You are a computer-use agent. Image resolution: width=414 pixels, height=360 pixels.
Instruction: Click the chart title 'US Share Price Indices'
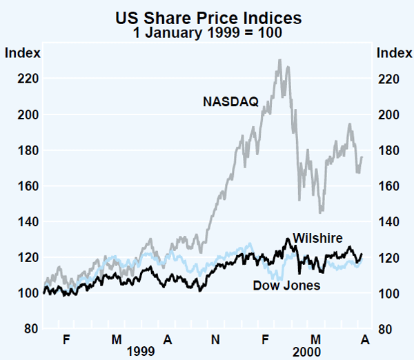point(206,16)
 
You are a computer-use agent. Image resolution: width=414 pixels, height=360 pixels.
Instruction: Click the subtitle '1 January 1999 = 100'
point(206,31)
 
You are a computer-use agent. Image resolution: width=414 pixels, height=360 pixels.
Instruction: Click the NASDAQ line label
point(230,102)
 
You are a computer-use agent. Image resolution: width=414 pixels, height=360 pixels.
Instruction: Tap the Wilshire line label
point(317,238)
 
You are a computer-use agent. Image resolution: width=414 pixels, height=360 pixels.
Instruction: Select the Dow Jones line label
point(286,285)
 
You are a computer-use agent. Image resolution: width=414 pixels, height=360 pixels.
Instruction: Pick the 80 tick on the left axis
point(24,329)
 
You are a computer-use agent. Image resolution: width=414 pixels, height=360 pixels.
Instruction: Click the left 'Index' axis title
point(22,52)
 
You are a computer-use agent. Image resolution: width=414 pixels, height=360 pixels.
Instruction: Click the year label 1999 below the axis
point(142,350)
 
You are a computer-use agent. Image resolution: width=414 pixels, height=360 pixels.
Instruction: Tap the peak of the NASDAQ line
point(279,59)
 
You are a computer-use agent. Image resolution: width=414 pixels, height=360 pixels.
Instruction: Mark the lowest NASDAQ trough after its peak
point(321,212)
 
